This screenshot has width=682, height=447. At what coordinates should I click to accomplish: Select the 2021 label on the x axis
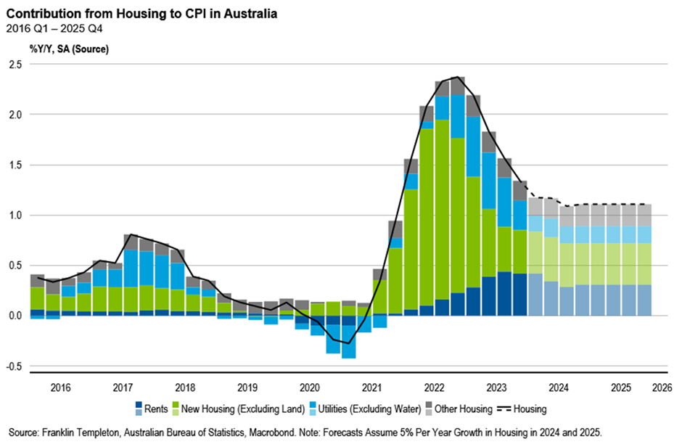372,387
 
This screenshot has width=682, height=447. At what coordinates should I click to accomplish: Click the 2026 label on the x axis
662,387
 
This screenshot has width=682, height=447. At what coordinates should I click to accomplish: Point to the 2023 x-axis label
496,387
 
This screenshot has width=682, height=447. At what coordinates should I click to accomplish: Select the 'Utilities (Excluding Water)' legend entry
363,409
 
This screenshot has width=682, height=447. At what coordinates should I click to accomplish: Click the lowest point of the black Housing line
349,343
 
